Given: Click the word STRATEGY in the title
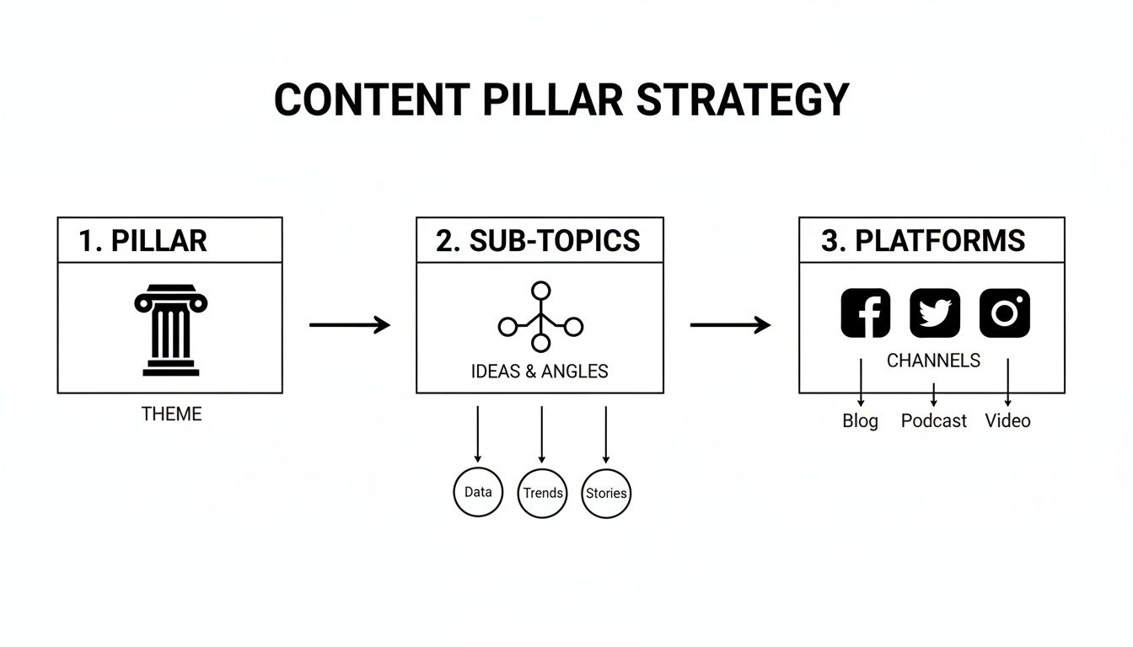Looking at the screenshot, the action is pos(742,100).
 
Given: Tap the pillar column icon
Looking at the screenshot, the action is pos(171,330).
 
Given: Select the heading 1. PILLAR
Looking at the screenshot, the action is pos(142,241).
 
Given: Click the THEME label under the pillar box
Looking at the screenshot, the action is pos(172,414).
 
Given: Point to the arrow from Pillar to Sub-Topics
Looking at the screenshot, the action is pos(349,325).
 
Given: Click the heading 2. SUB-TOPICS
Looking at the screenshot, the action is pos(538,241).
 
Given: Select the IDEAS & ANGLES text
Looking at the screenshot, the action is pos(540,372).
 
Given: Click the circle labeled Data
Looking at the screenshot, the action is pos(478,492).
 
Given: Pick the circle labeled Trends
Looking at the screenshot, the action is pos(542,493).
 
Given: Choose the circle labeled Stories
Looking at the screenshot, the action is pos(606,493).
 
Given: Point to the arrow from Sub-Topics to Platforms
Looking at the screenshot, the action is pos(730,325).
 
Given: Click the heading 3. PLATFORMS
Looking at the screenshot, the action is pos(923,241).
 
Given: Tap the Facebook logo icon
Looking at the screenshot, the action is pos(866,313).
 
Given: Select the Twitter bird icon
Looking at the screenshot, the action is pos(935,313).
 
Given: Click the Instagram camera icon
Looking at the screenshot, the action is pos(1004,313).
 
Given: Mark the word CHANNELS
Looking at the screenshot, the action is pos(933,361).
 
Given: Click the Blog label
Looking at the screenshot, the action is pos(860,421).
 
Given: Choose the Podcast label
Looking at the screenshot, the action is pos(933,421).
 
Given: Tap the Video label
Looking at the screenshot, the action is pos(1007,421).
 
